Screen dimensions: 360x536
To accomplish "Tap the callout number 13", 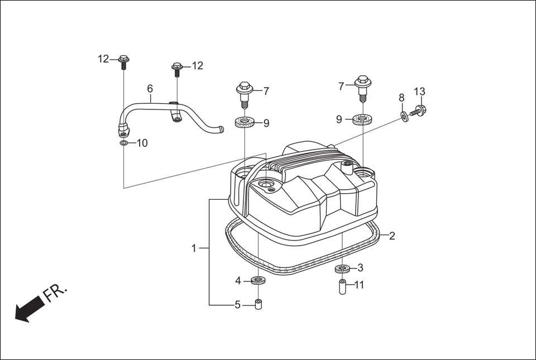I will click(x=419, y=92).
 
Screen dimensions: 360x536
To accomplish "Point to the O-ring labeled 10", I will click(x=123, y=143).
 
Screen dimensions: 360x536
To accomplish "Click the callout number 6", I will click(x=150, y=88).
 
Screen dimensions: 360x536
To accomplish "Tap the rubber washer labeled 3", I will click(x=342, y=269).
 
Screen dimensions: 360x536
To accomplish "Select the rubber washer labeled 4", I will click(x=258, y=280).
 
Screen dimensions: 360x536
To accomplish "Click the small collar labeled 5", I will click(x=258, y=305).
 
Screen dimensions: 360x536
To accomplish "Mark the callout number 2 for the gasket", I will click(x=392, y=236).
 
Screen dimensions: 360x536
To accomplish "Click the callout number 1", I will click(x=194, y=248).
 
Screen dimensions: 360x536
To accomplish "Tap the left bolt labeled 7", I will click(x=244, y=92).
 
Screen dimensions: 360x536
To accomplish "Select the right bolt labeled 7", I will click(x=362, y=85).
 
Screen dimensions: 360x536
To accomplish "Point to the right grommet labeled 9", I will click(x=363, y=119).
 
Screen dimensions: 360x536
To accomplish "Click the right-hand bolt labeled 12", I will click(x=177, y=69).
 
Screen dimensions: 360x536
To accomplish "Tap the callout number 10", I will click(x=142, y=143).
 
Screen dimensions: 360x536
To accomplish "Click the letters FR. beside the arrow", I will click(x=56, y=292).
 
